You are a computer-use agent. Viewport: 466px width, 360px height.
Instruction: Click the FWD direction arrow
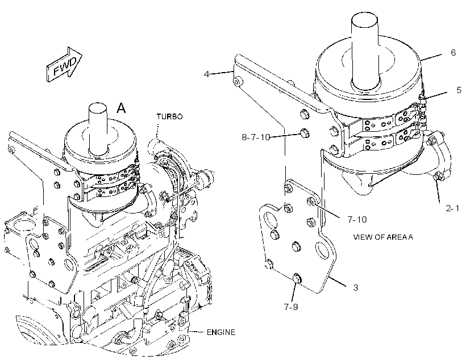(x=64, y=65)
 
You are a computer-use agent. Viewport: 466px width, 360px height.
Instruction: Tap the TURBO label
(x=170, y=117)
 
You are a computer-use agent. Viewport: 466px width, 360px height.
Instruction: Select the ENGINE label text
(x=221, y=332)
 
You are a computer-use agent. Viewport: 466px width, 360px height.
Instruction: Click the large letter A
(x=121, y=108)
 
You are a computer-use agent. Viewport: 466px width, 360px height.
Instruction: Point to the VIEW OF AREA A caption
(x=383, y=237)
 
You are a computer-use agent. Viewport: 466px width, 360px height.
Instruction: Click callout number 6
(x=453, y=53)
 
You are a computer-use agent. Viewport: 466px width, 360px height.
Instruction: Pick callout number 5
(x=459, y=90)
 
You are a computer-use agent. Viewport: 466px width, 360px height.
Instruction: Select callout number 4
(x=206, y=74)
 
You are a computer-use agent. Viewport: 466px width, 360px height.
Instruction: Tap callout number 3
(x=355, y=287)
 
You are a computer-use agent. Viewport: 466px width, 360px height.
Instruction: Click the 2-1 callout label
(x=452, y=208)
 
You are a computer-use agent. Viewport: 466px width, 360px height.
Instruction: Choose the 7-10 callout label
(x=357, y=220)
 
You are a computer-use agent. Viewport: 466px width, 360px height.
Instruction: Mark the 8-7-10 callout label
(x=256, y=137)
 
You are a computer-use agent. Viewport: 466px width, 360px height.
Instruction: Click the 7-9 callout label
(x=291, y=307)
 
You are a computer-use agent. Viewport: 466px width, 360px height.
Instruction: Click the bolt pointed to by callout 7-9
(x=297, y=278)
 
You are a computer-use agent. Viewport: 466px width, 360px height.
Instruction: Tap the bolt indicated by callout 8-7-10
(x=305, y=132)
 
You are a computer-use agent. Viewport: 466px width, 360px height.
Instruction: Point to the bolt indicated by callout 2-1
(x=438, y=177)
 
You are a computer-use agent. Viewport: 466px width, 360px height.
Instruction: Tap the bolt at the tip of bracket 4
(x=238, y=81)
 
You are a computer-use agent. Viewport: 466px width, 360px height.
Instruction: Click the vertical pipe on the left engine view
(x=98, y=128)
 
